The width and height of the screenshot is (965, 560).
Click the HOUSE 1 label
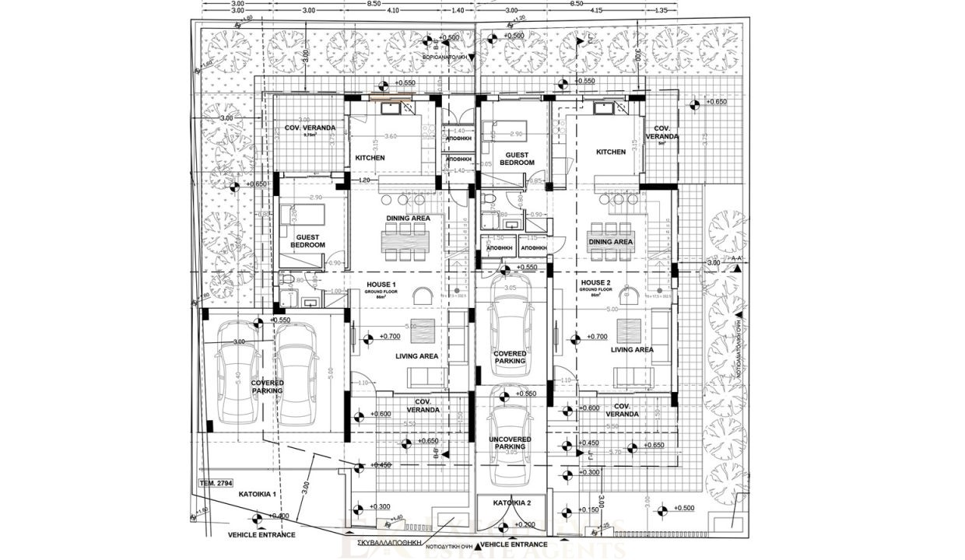[x=381, y=285]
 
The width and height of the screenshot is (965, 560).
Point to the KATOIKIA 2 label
[x=512, y=502]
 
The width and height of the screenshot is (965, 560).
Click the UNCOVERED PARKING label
[x=510, y=443]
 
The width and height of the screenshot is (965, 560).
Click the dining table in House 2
[x=610, y=241]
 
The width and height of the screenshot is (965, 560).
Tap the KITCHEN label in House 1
[x=370, y=158]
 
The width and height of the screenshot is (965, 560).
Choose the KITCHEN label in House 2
[x=611, y=152]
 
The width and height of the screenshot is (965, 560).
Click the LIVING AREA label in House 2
[x=632, y=350]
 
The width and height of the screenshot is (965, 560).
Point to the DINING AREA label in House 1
[x=409, y=219]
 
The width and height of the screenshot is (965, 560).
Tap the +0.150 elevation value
[x=591, y=510]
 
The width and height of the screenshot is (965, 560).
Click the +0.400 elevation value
[x=280, y=516]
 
